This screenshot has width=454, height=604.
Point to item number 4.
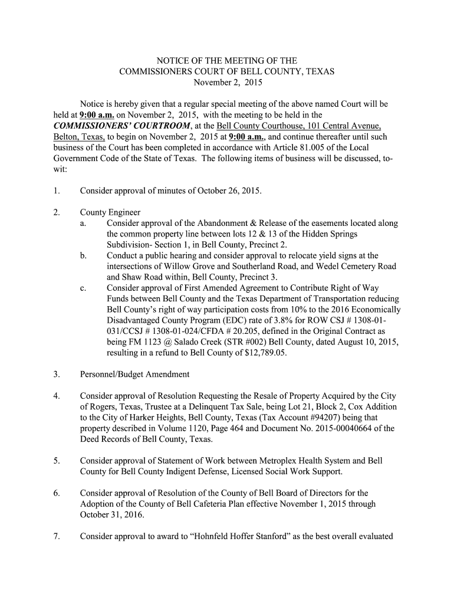click(x=56, y=396)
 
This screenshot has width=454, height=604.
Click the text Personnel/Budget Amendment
click(x=135, y=375)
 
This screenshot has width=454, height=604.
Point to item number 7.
click(x=56, y=537)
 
